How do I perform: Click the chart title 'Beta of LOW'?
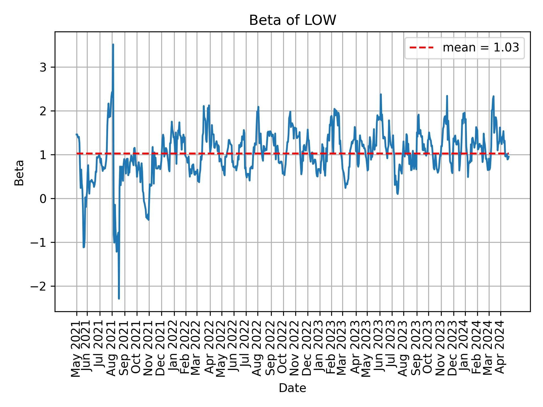pos(292,20)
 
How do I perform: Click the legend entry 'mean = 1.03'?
pos(480,48)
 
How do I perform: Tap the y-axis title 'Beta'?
pos(19,173)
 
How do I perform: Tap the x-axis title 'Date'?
pos(292,388)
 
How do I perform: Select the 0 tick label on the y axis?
pos(43,199)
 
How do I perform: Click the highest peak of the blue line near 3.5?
pos(113,44)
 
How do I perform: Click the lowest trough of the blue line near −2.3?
pos(119,298)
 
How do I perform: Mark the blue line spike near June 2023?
pos(381,94)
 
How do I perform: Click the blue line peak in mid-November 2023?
pos(447,96)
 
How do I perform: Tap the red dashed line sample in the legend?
pos(421,48)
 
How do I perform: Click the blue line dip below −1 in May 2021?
pos(84,247)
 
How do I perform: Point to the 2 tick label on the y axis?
pos(43,111)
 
